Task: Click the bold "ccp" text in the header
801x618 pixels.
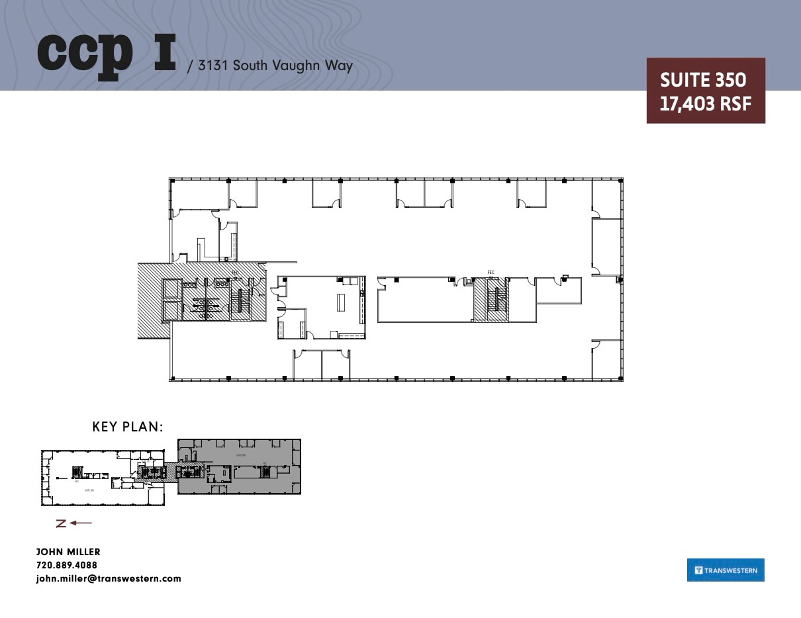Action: [85, 52]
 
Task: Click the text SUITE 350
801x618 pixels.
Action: [703, 80]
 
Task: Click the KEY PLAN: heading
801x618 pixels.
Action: [128, 427]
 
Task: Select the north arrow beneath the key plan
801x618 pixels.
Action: [81, 523]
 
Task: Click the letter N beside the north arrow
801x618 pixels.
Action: [61, 523]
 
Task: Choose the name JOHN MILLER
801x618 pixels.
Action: [68, 552]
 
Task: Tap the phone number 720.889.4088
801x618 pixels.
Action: [66, 565]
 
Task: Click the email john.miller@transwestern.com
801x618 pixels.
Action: [108, 578]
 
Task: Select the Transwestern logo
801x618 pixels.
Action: [726, 570]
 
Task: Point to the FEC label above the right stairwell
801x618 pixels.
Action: [491, 272]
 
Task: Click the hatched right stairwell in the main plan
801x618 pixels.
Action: [491, 300]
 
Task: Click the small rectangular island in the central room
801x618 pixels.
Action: [341, 302]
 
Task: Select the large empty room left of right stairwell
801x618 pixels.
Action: [424, 300]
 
